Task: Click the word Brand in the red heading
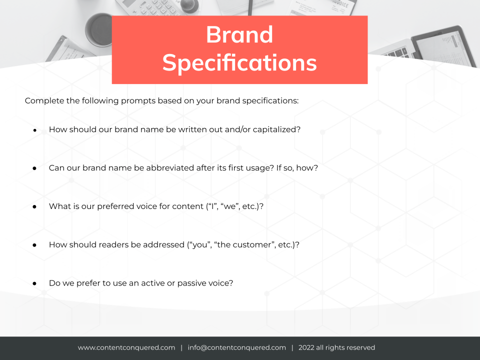pyautogui.click(x=239, y=34)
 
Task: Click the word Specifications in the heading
pyautogui.click(x=239, y=63)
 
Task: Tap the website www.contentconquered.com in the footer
pyautogui.click(x=126, y=348)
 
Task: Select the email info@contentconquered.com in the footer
pyautogui.click(x=236, y=348)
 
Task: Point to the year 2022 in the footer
pyautogui.click(x=306, y=348)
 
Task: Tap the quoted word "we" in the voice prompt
pyautogui.click(x=230, y=206)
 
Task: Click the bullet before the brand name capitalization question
pyautogui.click(x=35, y=130)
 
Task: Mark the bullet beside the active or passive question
pyautogui.click(x=34, y=284)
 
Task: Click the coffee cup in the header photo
pyautogui.click(x=99, y=29)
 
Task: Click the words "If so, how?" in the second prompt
pyautogui.click(x=297, y=168)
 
